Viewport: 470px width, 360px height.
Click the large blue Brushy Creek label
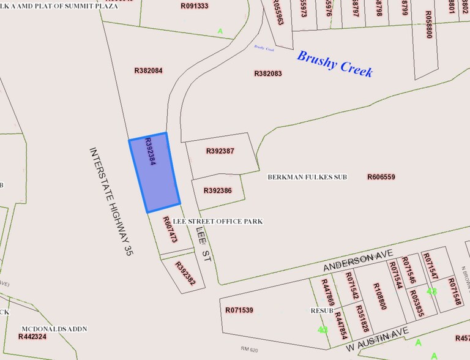tap(334, 64)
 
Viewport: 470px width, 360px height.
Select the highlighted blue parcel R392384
tap(154, 173)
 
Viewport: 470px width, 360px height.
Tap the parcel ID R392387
tap(220, 151)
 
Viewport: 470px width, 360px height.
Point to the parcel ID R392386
tap(217, 190)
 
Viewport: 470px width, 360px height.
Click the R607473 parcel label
tap(170, 230)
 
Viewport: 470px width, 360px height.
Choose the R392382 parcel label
tap(185, 274)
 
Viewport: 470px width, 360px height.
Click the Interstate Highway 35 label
tap(111, 201)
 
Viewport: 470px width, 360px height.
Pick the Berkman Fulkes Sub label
tap(307, 177)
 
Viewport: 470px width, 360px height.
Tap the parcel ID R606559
tap(381, 177)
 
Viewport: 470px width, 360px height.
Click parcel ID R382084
tap(148, 70)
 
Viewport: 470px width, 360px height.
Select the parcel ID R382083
tap(268, 73)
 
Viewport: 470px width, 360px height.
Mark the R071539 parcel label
tap(239, 310)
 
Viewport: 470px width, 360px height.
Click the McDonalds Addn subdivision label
tap(54, 329)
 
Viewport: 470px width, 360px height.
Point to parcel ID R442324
tap(32, 337)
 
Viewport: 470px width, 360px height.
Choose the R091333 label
tap(195, 6)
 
